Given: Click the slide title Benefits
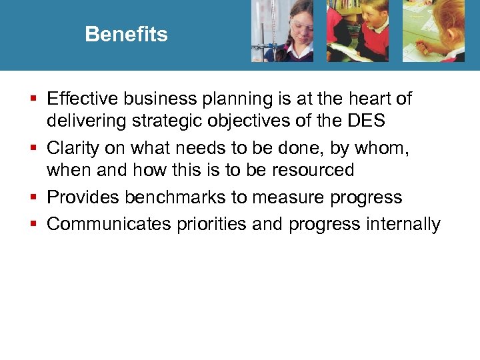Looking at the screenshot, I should click(x=126, y=34).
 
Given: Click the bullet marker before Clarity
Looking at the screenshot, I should click(x=35, y=148).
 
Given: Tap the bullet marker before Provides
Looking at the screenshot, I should click(x=35, y=198).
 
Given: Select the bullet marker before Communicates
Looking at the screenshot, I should click(x=35, y=225).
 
